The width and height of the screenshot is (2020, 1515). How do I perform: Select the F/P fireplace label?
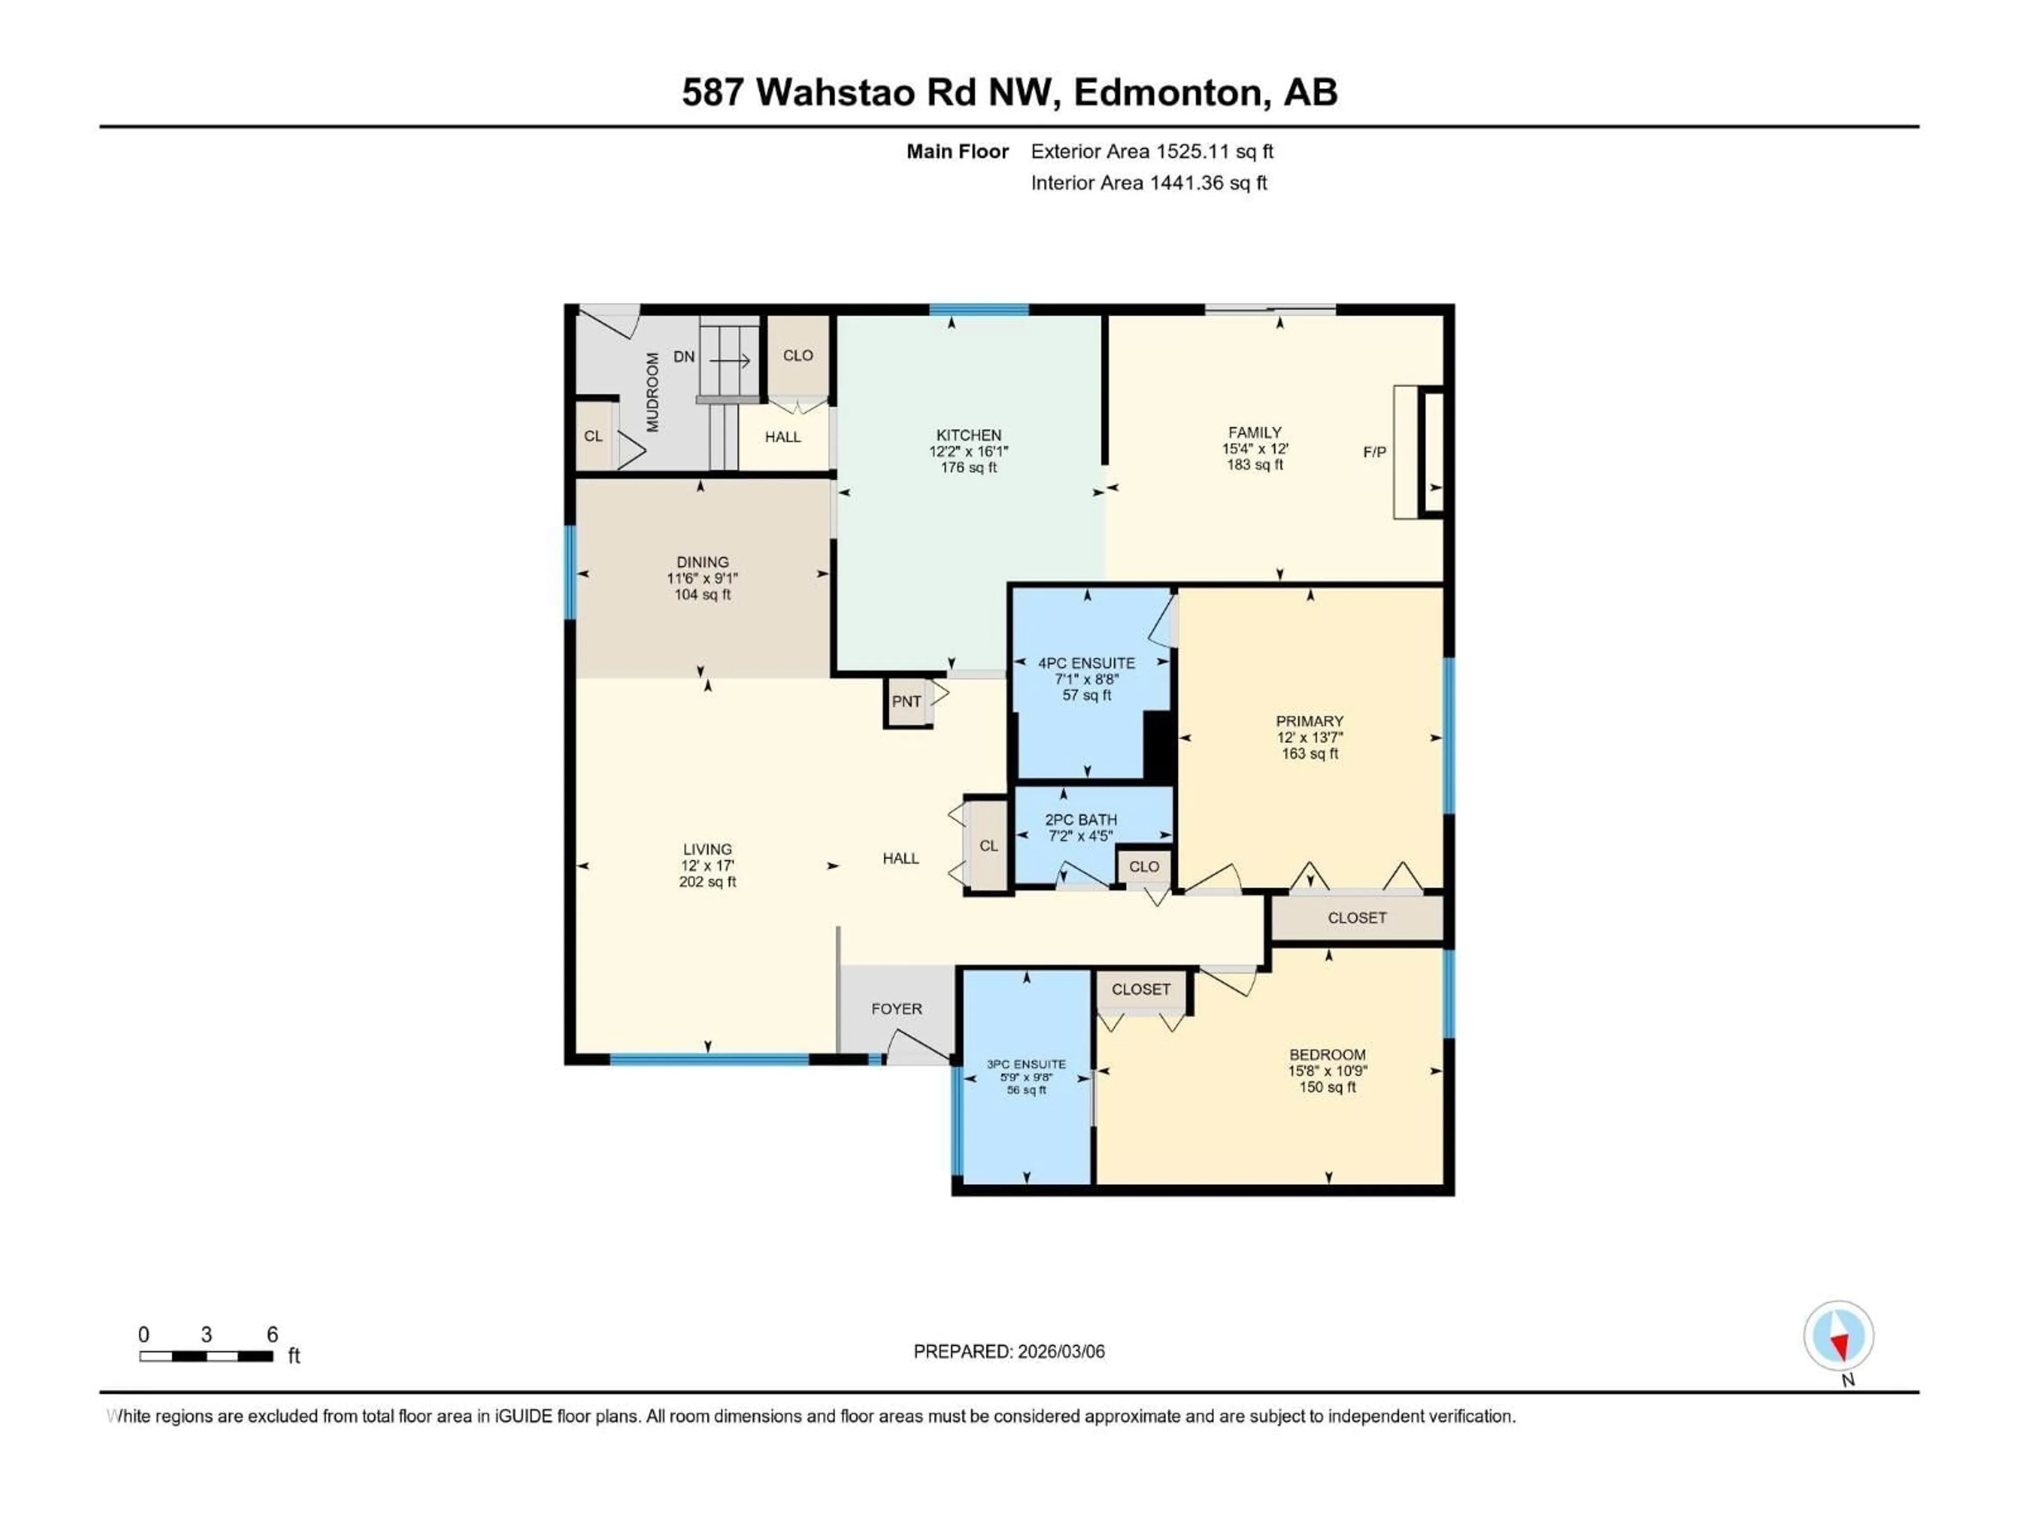pos(1375,452)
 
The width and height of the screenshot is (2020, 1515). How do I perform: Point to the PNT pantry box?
pos(907,701)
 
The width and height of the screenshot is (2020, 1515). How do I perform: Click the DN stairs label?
pos(684,357)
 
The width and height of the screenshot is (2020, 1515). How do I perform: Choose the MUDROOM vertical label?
pos(652,392)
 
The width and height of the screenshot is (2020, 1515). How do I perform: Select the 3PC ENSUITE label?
pos(1026,1064)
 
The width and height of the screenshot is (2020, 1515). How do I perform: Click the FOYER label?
pos(897,1009)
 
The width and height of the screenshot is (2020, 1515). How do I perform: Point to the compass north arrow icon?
pos(1839,1336)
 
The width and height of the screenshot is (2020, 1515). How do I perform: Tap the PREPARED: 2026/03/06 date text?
pos(1009,1351)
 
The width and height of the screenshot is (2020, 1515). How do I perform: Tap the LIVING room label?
pos(707,849)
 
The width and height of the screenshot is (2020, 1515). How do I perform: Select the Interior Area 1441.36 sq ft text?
pos(1149,183)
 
